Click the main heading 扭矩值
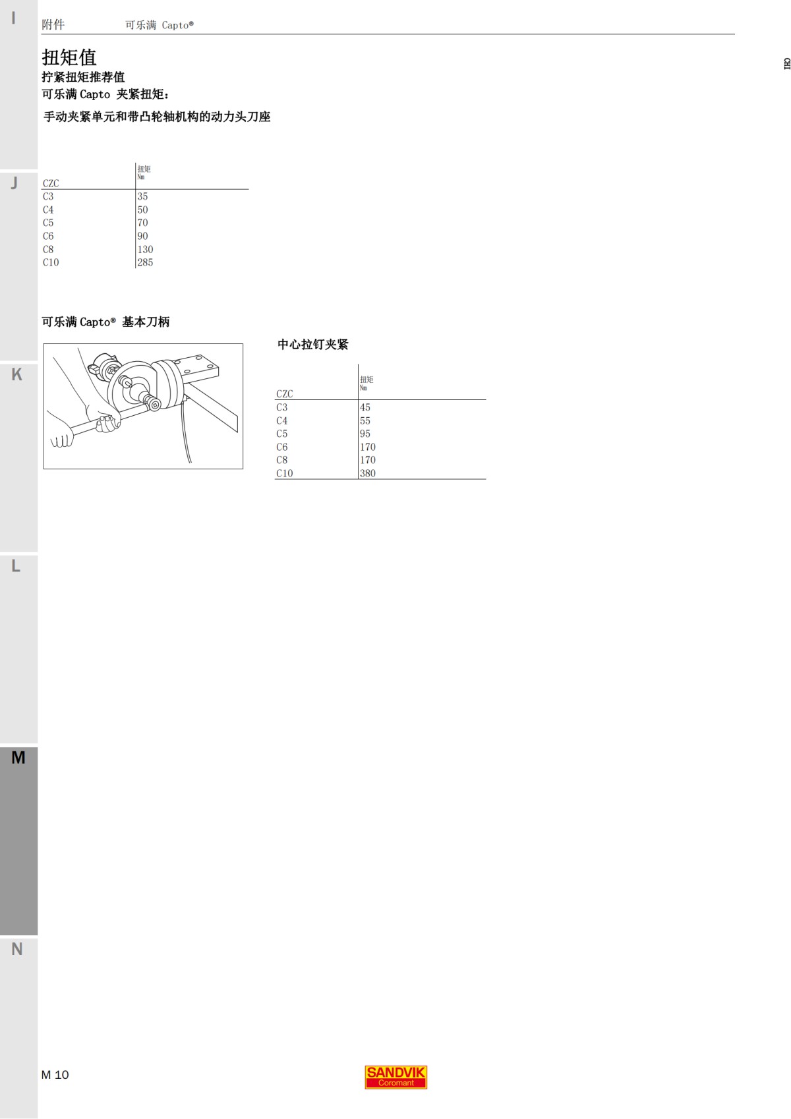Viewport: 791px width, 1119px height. (69, 57)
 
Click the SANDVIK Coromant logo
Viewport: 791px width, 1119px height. (395, 1077)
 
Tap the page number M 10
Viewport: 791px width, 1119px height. (55, 1075)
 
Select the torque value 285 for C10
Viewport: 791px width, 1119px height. (145, 262)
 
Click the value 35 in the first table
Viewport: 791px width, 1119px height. (142, 196)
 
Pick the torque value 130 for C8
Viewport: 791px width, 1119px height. (145, 249)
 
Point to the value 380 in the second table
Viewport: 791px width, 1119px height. (368, 473)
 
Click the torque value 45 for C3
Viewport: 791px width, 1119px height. (365, 407)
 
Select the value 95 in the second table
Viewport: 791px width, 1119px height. (365, 434)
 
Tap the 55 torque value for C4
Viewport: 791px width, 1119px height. (365, 420)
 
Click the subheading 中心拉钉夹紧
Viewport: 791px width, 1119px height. (312, 344)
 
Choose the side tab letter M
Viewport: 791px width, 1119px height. (18, 758)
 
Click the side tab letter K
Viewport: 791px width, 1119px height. (16, 374)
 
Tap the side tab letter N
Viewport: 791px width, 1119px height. (16, 949)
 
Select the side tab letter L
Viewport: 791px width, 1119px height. (16, 566)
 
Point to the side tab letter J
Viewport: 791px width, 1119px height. (15, 183)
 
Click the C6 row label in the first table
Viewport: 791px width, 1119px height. (48, 236)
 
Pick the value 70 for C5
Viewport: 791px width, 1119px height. (142, 223)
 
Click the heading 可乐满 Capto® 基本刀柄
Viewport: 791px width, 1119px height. (105, 322)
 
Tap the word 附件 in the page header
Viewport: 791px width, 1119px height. (53, 24)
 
